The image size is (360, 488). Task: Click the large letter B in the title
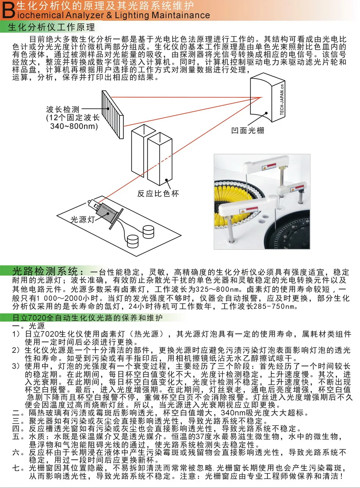[x=8, y=10]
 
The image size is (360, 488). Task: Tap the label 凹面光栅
[x=247, y=131]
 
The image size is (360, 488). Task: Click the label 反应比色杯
[x=158, y=193]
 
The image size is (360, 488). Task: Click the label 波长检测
[x=63, y=109]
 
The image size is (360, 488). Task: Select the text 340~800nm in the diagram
[x=74, y=126]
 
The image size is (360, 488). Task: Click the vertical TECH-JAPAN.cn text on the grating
[x=282, y=99]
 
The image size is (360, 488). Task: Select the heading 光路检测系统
[x=45, y=271]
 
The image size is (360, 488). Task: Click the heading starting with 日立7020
[x=87, y=318]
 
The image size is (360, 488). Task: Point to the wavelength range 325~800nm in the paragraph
[x=218, y=289]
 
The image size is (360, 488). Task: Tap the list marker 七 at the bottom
[x=16, y=468]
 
